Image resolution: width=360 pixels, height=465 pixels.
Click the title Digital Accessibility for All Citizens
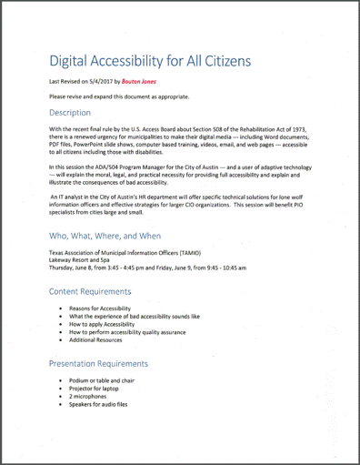pos(150,61)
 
